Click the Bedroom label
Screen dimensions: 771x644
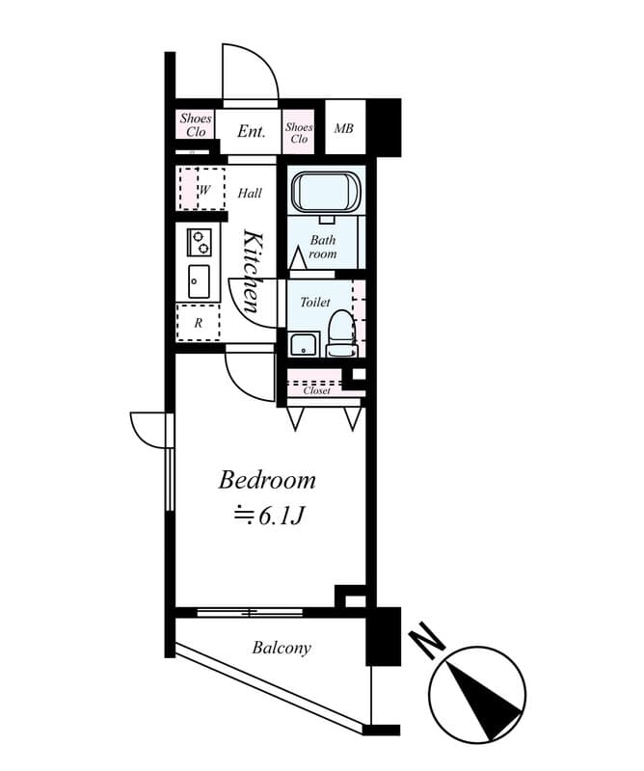(x=267, y=479)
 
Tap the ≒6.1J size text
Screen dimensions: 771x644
(x=270, y=517)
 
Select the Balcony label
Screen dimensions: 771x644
(x=282, y=648)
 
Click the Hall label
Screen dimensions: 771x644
(x=250, y=194)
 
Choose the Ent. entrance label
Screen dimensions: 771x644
(x=251, y=131)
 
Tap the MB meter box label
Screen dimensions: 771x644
(x=342, y=128)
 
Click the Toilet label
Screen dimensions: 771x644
(x=314, y=303)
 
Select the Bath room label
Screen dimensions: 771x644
(x=323, y=248)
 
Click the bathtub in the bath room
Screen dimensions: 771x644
(x=326, y=192)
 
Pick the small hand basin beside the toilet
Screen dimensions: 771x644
(x=305, y=343)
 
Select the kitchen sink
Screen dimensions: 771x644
(x=199, y=280)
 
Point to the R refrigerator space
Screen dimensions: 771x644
(x=198, y=323)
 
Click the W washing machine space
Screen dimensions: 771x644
(x=203, y=190)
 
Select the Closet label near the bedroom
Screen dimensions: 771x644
(x=317, y=390)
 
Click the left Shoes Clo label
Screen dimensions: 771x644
(x=196, y=125)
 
